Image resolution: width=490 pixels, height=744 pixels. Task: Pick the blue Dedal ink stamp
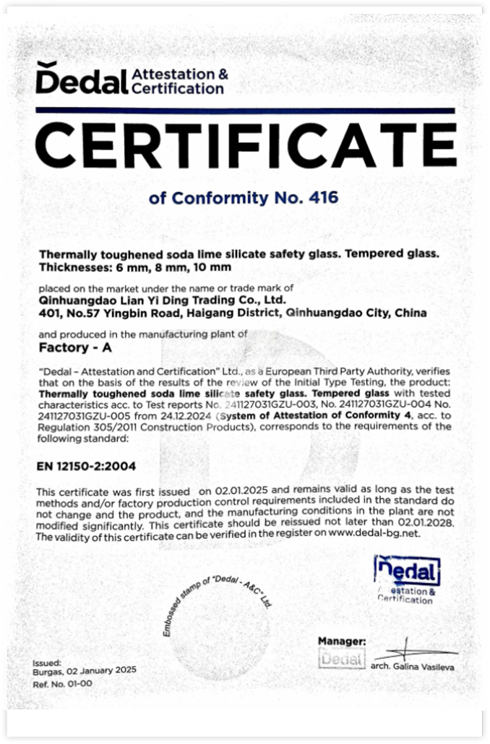406,574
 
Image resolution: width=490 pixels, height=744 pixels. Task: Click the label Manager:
342,641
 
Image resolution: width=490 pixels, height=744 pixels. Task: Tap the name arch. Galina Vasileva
412,667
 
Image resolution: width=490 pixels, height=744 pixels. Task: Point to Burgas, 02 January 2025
84,670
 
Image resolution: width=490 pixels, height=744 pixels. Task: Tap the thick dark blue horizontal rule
246,110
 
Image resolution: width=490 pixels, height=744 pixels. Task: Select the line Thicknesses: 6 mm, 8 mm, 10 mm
135,268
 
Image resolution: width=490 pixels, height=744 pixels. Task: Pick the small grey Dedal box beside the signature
341,659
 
